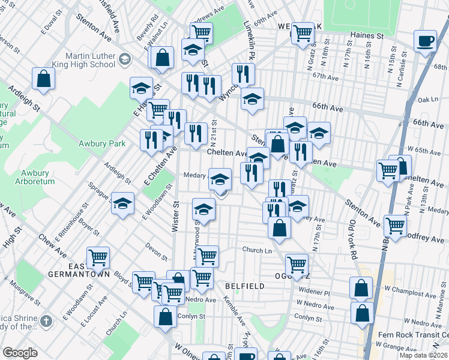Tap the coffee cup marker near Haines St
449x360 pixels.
[426, 41]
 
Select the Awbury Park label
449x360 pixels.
[102, 143]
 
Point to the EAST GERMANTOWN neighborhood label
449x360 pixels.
[80, 270]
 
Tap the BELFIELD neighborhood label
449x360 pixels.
[245, 286]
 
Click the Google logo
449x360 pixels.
[20, 353]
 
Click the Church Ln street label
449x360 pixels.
[257, 250]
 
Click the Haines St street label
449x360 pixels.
[367, 36]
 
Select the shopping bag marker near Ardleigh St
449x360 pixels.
[44, 78]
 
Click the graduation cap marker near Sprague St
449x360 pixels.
[122, 204]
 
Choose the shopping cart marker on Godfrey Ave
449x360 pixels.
[396, 226]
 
